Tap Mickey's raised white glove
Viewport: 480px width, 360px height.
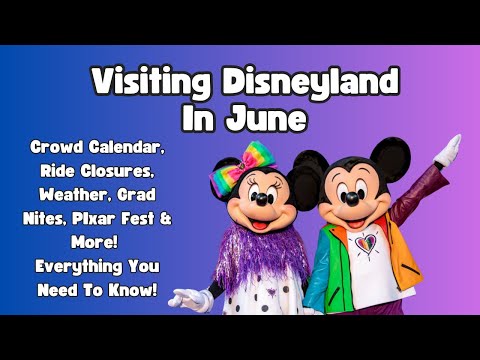click(451, 150)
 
